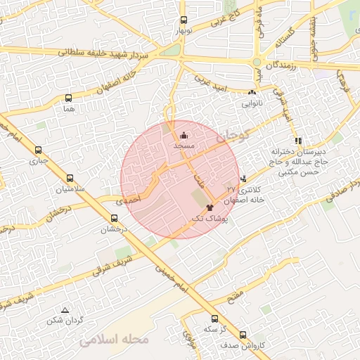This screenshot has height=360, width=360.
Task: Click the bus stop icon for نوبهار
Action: pos(184,20)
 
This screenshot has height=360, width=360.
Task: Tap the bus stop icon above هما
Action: pos(68,98)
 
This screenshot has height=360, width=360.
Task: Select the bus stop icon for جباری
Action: pos(38,150)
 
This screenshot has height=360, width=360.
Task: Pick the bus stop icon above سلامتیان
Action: pos(69,179)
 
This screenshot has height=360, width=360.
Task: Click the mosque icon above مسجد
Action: pos(184,135)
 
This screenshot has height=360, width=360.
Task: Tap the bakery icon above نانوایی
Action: pos(252,92)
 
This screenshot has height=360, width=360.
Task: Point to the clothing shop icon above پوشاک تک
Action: pos(210,208)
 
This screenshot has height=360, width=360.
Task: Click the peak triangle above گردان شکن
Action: pos(65,310)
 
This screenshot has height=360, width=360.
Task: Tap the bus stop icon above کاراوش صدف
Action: pos(243,335)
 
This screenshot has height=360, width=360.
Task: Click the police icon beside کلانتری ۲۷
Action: pos(243,179)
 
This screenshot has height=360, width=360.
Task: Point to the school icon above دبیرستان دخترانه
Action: pos(298,141)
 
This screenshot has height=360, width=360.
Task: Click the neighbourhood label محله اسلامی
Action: pos(115,340)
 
